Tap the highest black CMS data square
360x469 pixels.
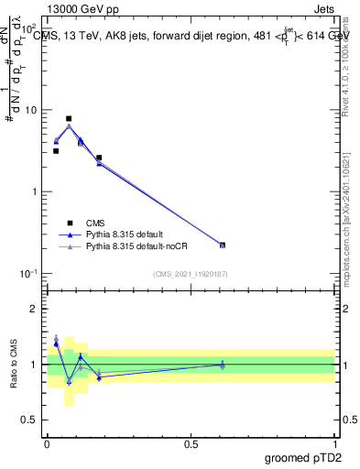click(x=69, y=118)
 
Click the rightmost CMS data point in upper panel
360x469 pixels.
click(x=223, y=245)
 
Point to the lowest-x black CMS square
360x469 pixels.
click(x=56, y=151)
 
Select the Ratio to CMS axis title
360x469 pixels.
click(x=15, y=365)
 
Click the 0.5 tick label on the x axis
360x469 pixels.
click(x=190, y=443)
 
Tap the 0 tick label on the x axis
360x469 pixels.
click(x=47, y=443)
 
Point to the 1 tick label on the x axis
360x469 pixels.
click(x=334, y=443)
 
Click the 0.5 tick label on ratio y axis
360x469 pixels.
click(x=29, y=420)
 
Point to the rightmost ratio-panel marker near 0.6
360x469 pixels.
click(x=223, y=365)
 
